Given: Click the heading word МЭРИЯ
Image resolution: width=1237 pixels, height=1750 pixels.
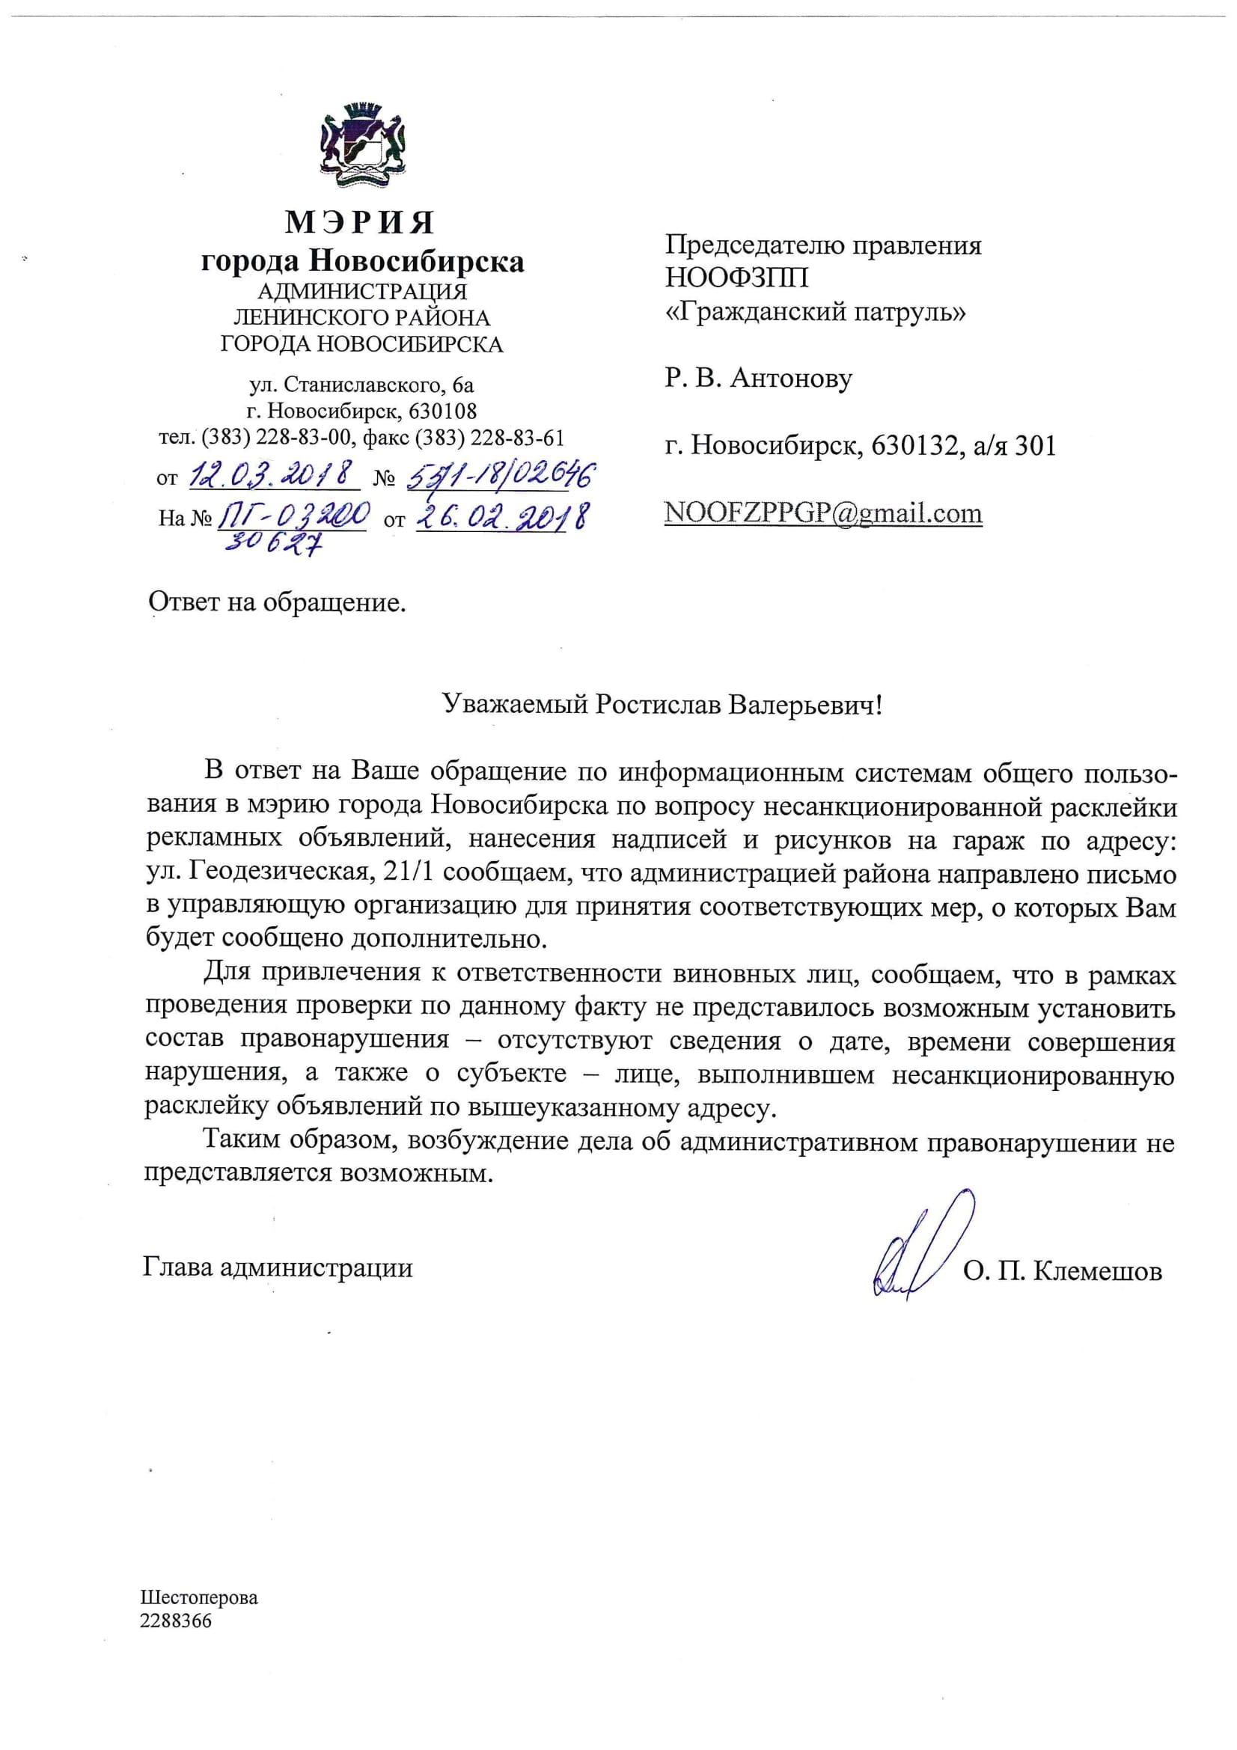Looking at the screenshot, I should click(x=361, y=222).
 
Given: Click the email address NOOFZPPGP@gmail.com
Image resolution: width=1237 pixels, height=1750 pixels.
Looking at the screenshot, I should click(x=823, y=513).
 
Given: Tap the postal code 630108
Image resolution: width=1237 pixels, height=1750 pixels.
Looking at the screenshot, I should click(x=443, y=412).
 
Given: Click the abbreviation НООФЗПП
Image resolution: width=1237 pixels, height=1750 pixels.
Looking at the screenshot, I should click(x=736, y=278).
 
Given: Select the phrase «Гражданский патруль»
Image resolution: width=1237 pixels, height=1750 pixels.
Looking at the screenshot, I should click(x=816, y=312).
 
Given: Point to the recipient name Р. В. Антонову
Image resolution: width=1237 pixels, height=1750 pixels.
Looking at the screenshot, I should click(x=758, y=378).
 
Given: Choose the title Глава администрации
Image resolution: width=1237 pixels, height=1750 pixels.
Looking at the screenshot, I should click(x=278, y=1267).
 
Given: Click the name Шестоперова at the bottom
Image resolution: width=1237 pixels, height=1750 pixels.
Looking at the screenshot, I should click(x=199, y=1597).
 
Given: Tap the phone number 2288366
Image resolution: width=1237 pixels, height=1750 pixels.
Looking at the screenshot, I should click(x=176, y=1621).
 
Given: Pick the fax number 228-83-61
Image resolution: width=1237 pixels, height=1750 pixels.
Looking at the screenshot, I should click(x=518, y=438).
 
